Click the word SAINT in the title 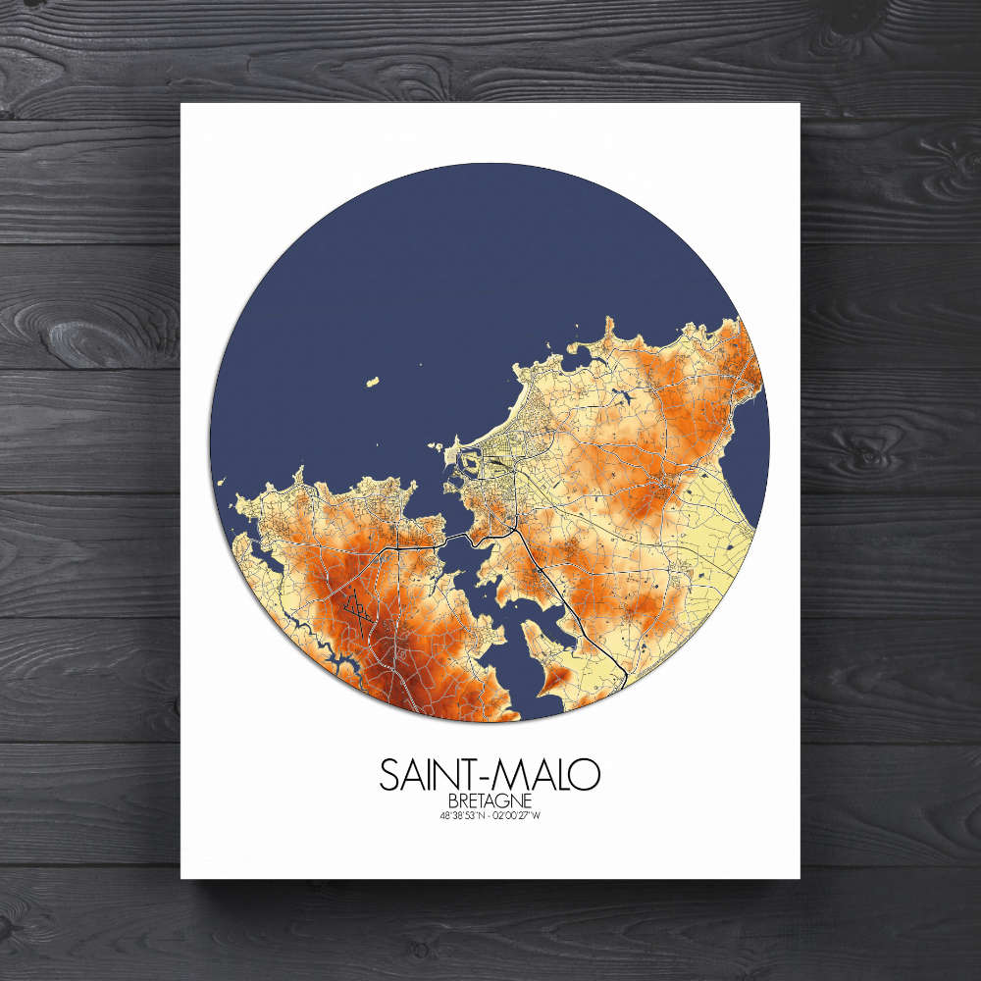[x=431, y=774]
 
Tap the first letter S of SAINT [x=388, y=774]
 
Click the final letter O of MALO [x=586, y=774]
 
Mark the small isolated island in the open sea [x=373, y=381]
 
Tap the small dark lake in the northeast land [x=622, y=397]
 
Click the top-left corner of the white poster [x=181, y=103]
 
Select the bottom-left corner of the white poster [x=181, y=878]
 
